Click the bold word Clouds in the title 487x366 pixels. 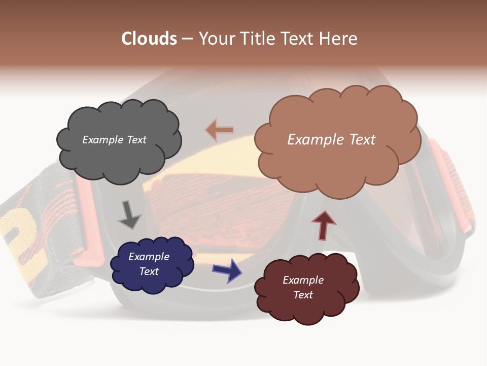coord(149,39)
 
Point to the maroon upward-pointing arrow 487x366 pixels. coord(324,225)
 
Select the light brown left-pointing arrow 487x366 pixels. coord(220,130)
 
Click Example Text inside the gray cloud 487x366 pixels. coord(114,140)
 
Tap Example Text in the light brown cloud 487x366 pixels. coord(331,140)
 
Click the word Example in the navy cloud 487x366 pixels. coord(149,257)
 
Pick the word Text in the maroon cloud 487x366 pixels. coord(303,295)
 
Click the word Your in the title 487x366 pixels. coord(214,39)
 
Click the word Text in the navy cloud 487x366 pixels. coord(149,271)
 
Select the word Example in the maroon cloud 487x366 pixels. coord(303,280)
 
